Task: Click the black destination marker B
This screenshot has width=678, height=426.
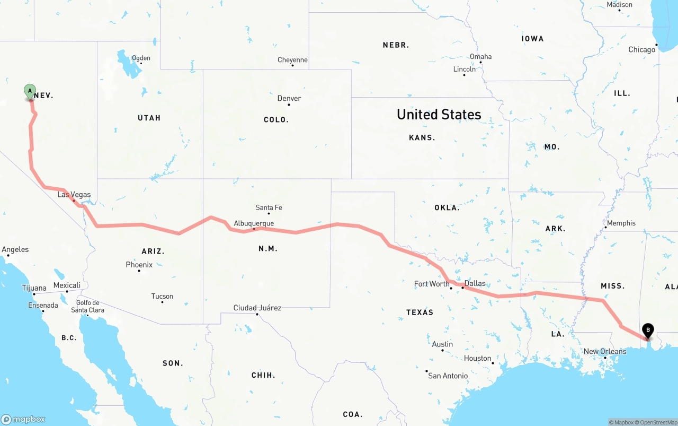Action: [647, 330]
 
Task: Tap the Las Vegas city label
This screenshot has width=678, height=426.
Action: [74, 195]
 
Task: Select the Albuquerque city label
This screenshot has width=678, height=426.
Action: [254, 223]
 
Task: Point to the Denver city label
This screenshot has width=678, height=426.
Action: [289, 99]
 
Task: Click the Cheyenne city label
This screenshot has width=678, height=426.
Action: [292, 60]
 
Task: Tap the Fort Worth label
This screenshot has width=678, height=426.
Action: [431, 284]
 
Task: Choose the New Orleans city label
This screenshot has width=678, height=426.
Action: [604, 351]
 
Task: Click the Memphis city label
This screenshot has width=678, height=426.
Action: [621, 223]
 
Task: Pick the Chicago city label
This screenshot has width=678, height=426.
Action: [641, 50]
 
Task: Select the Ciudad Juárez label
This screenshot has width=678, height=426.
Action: [257, 308]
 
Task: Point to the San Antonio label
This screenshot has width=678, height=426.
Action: [448, 376]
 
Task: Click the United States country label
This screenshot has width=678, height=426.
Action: [439, 114]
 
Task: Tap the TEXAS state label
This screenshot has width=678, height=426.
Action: [420, 312]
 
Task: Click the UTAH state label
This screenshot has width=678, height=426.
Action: [149, 118]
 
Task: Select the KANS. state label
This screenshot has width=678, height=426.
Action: [422, 137]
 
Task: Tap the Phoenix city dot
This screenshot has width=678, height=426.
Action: [139, 271]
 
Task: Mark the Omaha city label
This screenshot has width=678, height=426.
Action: [480, 57]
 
